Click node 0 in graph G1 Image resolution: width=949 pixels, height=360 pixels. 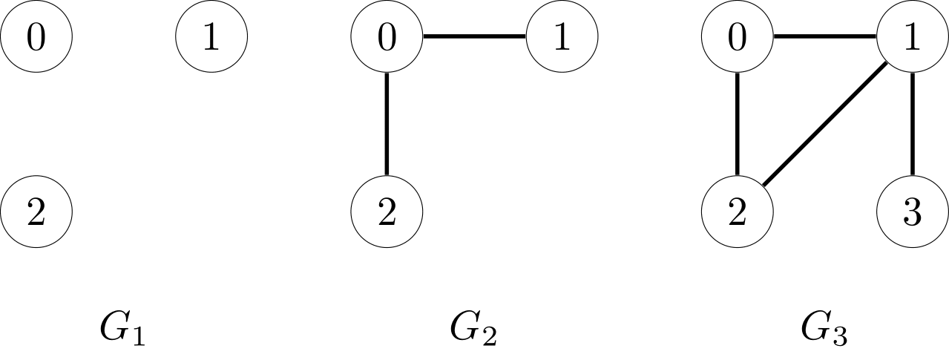[x=36, y=36]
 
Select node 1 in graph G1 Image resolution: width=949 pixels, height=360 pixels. [x=211, y=36]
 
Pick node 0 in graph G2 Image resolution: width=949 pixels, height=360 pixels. [x=387, y=36]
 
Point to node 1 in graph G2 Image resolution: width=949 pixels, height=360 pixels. [x=562, y=36]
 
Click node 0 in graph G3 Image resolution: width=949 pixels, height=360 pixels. [x=737, y=36]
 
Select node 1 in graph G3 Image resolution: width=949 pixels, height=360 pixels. [x=912, y=36]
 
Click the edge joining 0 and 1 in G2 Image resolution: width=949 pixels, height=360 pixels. [x=474, y=36]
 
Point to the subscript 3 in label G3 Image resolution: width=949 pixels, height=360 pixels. [x=838, y=337]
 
